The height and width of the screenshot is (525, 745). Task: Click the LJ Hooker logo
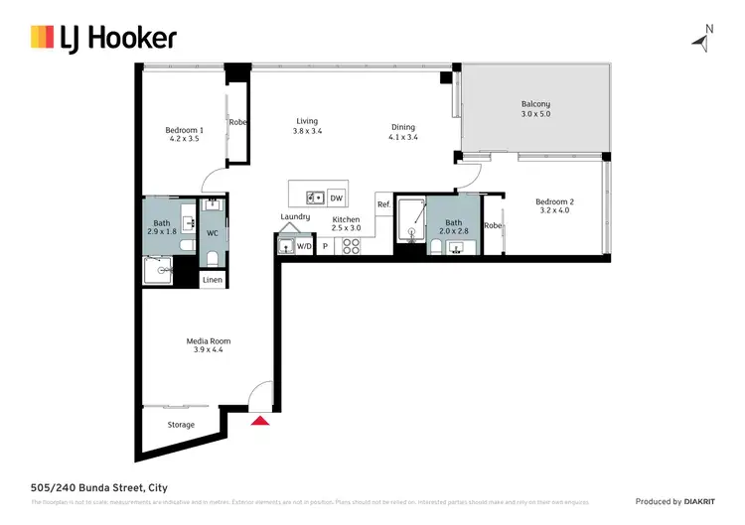point(103,39)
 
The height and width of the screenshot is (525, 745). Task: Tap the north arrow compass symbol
point(703,40)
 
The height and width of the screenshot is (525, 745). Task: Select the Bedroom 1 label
point(184,130)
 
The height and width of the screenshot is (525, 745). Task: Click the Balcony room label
point(535,104)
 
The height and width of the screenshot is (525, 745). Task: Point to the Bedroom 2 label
point(554,200)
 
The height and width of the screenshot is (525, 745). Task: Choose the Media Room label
point(209,341)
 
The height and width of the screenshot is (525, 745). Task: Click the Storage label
point(181,425)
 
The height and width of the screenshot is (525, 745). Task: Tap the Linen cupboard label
point(213,280)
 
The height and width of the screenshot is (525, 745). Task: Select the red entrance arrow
point(260,421)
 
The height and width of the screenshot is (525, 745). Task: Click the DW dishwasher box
point(337,197)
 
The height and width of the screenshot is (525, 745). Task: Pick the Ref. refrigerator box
point(382,204)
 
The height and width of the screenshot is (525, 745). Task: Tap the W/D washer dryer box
point(305,245)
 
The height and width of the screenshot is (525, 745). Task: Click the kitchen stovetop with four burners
point(351,245)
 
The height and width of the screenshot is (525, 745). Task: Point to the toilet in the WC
point(213,258)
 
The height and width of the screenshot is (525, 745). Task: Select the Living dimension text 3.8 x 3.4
point(307,131)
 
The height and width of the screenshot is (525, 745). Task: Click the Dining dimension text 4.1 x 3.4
point(402,137)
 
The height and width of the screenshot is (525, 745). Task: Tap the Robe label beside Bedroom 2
point(493,225)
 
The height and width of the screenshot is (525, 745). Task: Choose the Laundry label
point(295,216)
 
